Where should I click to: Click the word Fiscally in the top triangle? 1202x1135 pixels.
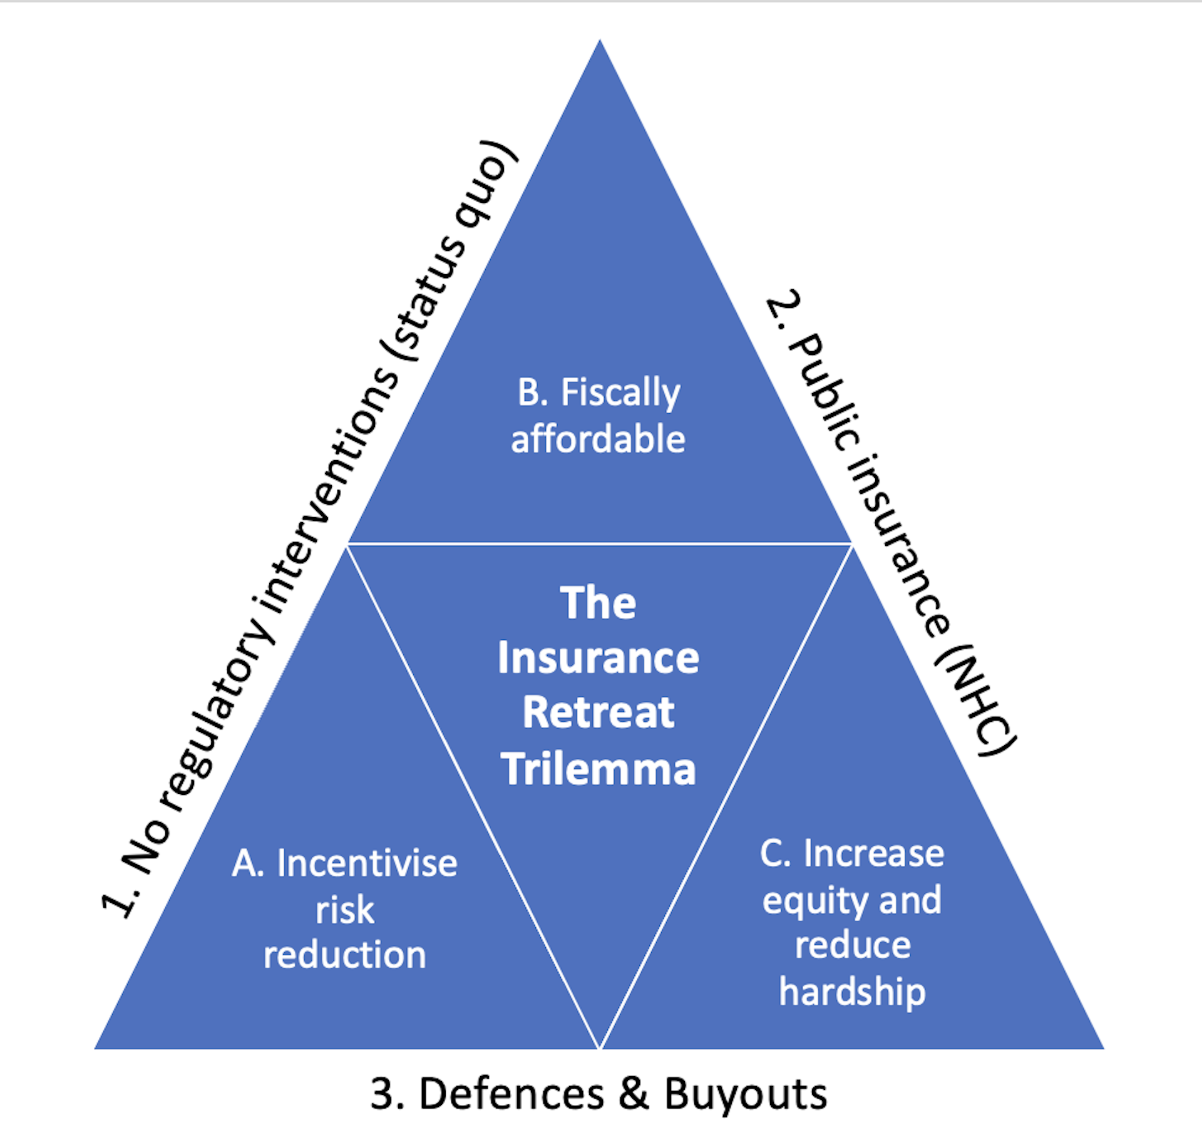620,394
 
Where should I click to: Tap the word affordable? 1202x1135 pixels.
598,438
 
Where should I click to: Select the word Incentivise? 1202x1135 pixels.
367,863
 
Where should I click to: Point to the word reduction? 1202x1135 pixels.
345,955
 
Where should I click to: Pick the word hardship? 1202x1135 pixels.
852,994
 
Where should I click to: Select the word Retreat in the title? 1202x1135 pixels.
598,712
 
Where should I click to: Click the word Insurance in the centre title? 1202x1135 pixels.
598,657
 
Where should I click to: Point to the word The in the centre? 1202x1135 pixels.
598,603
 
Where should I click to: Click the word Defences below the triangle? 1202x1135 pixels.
511,1094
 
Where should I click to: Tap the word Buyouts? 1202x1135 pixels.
746,1095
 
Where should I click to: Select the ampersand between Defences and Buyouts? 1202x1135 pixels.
634,1094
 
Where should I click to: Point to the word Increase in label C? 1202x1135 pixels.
873,853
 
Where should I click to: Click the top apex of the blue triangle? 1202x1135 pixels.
600,40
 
